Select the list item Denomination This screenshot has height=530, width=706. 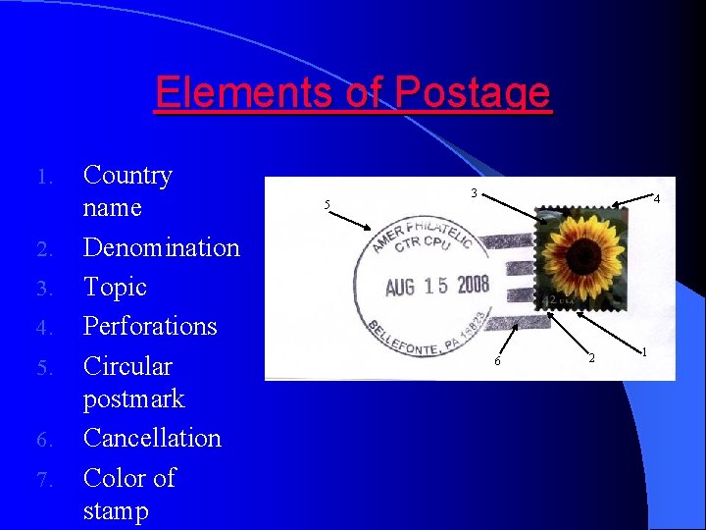162,247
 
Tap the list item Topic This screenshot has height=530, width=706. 115,287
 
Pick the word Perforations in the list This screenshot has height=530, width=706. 150,326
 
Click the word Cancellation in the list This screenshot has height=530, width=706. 152,438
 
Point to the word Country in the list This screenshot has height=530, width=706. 127,176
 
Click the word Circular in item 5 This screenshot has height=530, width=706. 127,366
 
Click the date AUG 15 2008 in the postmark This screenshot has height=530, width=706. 436,286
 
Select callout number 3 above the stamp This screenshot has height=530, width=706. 473,193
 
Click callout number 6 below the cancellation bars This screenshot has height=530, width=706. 497,362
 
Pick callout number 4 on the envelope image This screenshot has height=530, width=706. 656,200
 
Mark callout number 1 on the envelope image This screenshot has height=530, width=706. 644,351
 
